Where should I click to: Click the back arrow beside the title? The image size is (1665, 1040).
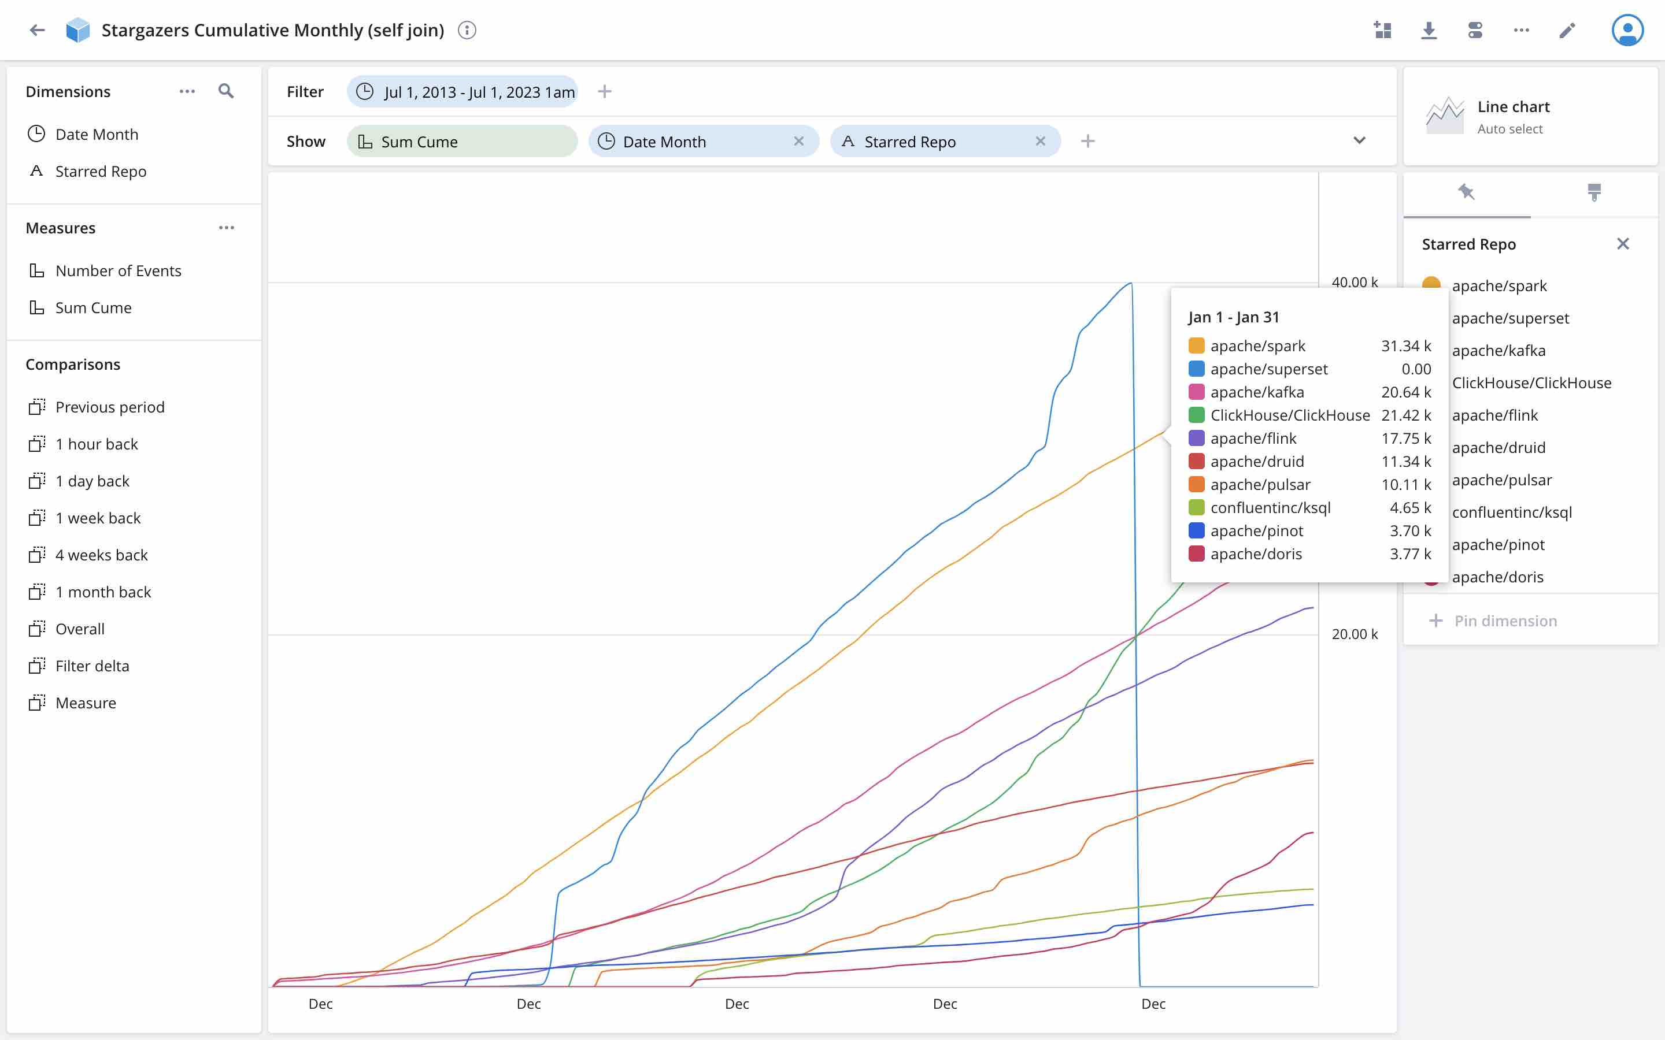click(37, 30)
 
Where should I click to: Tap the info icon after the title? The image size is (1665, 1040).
click(467, 30)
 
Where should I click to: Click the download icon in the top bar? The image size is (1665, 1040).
click(1429, 30)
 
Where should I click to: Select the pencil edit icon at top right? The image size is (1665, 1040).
click(1567, 30)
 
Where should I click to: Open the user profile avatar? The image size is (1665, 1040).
click(1627, 30)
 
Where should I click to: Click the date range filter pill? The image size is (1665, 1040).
click(462, 91)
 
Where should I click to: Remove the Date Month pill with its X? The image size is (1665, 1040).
click(799, 141)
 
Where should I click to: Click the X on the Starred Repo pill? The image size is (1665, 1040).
click(1040, 141)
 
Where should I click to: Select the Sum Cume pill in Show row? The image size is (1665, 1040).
click(462, 141)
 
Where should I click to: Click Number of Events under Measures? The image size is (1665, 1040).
click(119, 270)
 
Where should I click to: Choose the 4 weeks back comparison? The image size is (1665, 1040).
click(101, 555)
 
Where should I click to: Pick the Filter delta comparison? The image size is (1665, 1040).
click(92, 666)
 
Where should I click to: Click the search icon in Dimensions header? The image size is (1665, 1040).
click(225, 91)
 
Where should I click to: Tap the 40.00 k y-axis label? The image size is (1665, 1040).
click(1354, 282)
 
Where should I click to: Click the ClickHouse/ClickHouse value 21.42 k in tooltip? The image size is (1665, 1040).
click(1405, 415)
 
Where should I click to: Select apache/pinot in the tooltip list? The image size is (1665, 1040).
click(1256, 530)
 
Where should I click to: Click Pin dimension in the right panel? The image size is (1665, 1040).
click(1505, 621)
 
